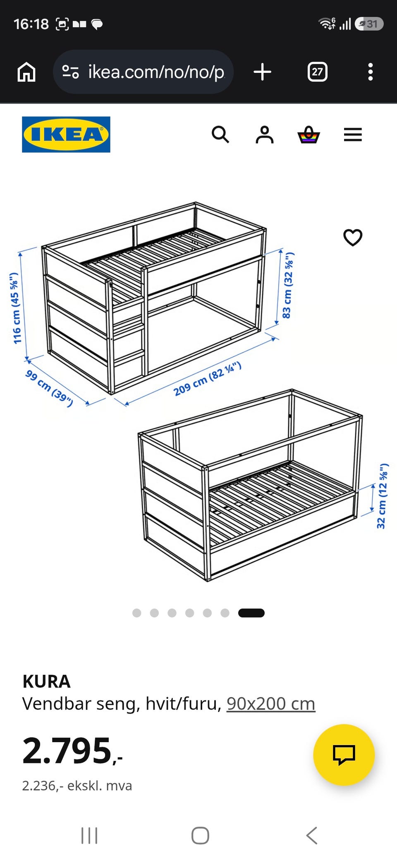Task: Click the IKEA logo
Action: (x=66, y=135)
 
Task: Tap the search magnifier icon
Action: (x=220, y=135)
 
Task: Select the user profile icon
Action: (x=265, y=135)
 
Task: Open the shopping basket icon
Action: (x=309, y=135)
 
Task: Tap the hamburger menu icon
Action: (x=353, y=135)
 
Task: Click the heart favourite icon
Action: (x=353, y=237)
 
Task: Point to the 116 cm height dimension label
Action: (x=16, y=308)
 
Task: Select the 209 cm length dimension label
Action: (x=207, y=379)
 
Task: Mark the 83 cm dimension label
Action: (x=288, y=286)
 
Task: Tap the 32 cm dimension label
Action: (x=383, y=496)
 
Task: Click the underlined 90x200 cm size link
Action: (x=271, y=703)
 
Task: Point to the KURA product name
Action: (x=46, y=681)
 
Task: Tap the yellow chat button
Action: (x=344, y=755)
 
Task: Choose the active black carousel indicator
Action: (x=251, y=613)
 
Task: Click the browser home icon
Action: (x=26, y=72)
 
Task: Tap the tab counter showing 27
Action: (x=318, y=72)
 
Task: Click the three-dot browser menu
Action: (x=371, y=72)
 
